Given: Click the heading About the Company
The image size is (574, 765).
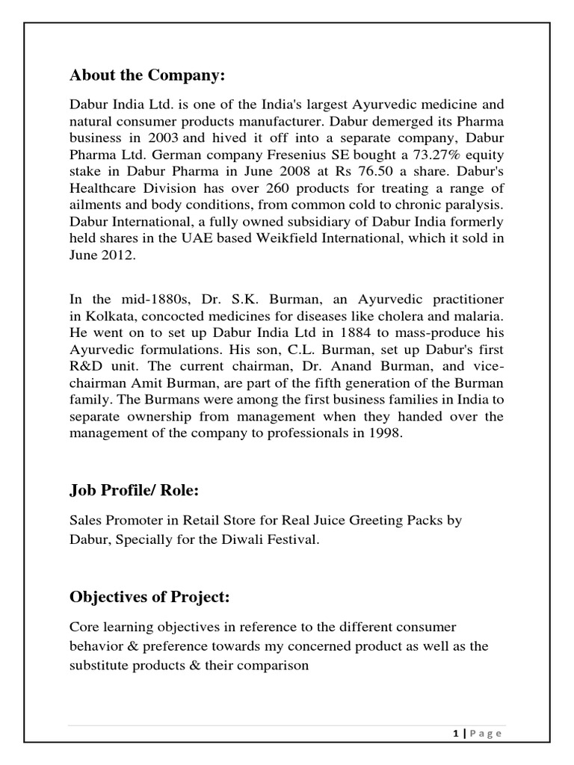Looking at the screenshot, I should tap(146, 75).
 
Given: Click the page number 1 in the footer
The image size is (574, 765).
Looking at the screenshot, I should tap(455, 734).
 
